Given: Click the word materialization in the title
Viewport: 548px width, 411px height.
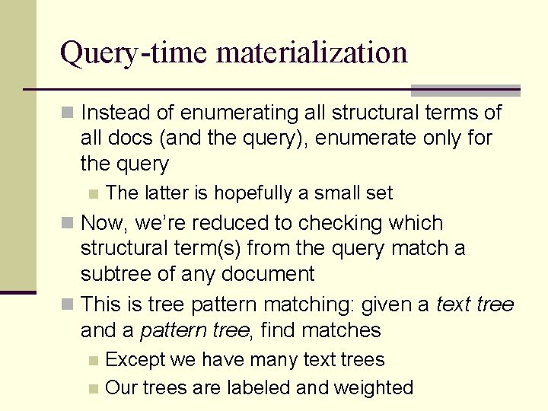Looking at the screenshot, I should click(312, 53).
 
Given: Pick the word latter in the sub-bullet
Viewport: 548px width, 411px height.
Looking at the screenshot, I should click(164, 193).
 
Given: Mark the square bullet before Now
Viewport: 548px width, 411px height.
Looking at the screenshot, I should click(67, 223).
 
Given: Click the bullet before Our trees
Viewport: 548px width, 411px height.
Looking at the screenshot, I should click(93, 388).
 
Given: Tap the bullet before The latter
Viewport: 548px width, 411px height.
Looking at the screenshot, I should click(93, 193).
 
